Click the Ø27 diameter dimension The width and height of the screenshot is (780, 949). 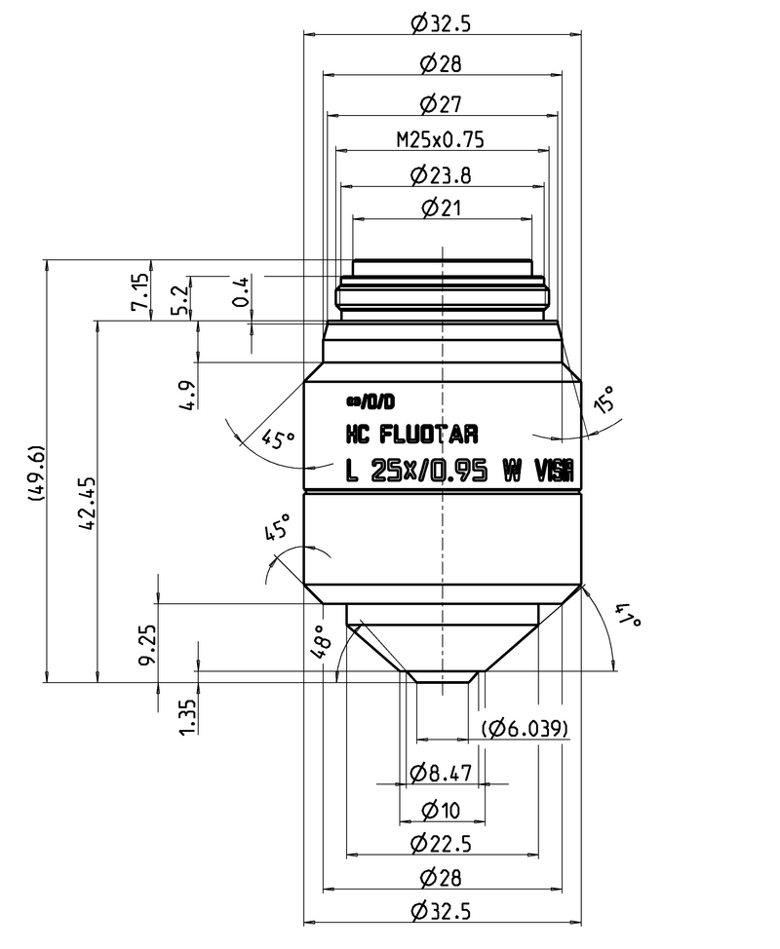point(441,103)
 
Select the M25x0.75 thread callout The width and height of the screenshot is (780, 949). point(441,139)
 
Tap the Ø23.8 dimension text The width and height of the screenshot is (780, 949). point(441,175)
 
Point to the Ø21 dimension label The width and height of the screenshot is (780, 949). point(441,208)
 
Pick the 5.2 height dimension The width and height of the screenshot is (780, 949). point(178,297)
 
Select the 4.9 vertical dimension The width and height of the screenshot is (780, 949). point(189,395)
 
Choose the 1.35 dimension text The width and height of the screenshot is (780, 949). point(188,715)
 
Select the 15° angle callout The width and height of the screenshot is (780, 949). point(605,399)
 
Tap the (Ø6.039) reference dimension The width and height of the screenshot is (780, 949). point(526,728)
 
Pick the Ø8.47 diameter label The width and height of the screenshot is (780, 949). point(441,774)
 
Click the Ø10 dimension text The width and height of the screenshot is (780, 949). point(441,810)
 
